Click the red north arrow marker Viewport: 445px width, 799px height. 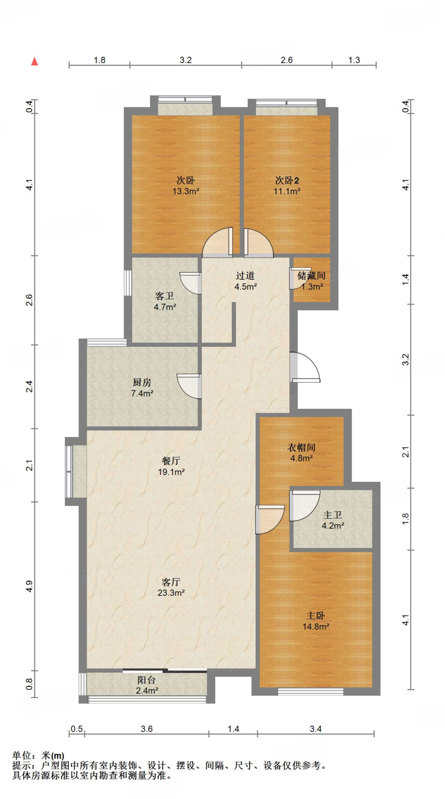point(34,61)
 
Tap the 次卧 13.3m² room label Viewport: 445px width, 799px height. point(186,186)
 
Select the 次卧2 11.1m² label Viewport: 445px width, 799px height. point(287,186)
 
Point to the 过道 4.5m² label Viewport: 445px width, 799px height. point(245,281)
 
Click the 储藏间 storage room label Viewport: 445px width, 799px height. point(311,281)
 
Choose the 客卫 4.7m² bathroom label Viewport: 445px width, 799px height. point(165,301)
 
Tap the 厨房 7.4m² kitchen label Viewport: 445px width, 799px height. point(142,388)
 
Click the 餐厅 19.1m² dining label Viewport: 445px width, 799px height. point(171,466)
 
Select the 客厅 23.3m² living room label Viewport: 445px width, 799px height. point(171,587)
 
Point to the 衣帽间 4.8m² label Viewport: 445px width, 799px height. point(301,453)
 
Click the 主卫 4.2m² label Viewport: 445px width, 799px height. point(333,520)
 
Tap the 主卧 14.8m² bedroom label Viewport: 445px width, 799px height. point(316,621)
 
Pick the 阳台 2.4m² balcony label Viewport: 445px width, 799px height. point(147,685)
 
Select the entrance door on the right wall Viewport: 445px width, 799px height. point(305,367)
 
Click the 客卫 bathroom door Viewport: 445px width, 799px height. point(191,283)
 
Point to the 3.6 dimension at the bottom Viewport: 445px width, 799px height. point(147,729)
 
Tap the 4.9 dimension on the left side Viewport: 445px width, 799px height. point(29,586)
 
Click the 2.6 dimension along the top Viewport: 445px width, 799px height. point(287,60)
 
